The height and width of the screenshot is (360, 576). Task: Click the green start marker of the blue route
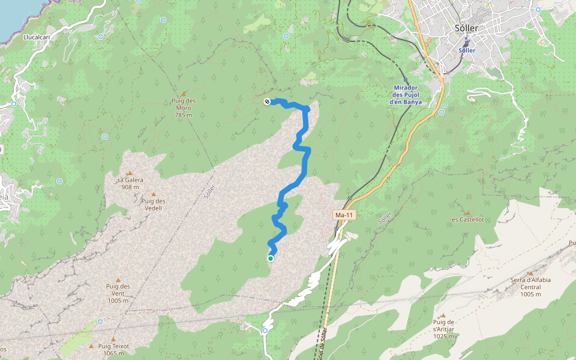coord(271,259)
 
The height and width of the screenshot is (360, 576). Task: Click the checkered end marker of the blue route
coord(267,102)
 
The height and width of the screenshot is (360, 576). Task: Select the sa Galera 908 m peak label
coord(130,183)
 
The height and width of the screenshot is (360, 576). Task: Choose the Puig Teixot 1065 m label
coord(112,350)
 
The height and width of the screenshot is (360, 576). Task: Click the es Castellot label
coord(467,220)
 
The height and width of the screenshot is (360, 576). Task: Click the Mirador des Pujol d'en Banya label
coord(406,94)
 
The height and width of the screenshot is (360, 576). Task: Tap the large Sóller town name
coord(466,28)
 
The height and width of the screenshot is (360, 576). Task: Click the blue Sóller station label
coord(467,50)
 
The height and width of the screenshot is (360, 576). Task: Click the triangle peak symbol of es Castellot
coord(467,212)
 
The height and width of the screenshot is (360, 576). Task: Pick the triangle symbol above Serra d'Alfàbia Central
coord(530,273)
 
